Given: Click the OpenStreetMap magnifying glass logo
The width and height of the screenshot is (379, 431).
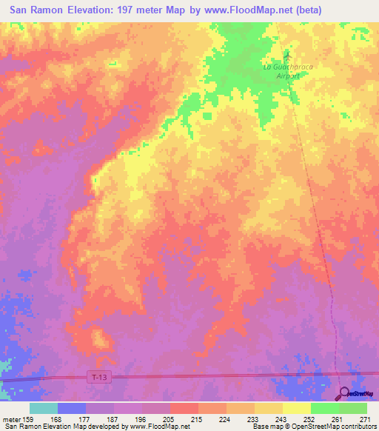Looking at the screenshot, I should pos(343,393).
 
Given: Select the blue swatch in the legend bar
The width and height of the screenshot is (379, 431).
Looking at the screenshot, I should pos(72,408).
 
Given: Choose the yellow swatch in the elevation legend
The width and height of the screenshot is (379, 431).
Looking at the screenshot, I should pos(296,408).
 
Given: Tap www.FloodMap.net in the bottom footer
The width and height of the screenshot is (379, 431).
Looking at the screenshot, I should pos(157,427).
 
